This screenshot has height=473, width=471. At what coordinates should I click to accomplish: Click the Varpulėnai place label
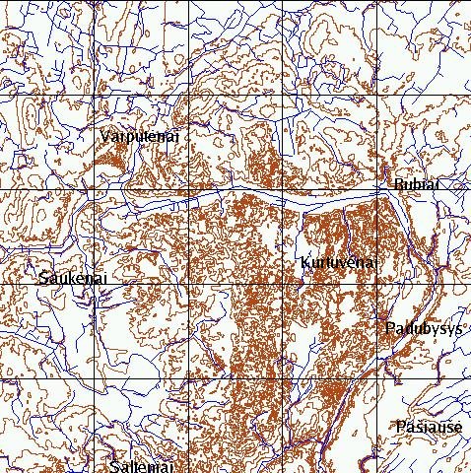[x=140, y=137]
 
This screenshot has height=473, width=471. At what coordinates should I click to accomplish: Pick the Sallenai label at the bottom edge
[x=142, y=466]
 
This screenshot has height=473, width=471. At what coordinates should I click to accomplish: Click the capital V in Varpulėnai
[x=105, y=137]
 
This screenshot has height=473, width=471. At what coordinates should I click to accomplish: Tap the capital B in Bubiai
[x=398, y=184]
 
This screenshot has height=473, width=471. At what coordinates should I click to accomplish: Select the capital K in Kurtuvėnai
[x=304, y=263]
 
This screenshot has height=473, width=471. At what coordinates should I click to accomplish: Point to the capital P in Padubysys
[x=389, y=328]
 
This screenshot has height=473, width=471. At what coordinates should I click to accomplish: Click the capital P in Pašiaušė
[x=399, y=427]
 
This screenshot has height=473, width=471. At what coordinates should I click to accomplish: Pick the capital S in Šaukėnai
[x=43, y=280]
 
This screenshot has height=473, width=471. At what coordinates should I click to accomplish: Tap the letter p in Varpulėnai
[x=127, y=139]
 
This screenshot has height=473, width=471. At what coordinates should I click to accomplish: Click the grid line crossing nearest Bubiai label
[x=378, y=189]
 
